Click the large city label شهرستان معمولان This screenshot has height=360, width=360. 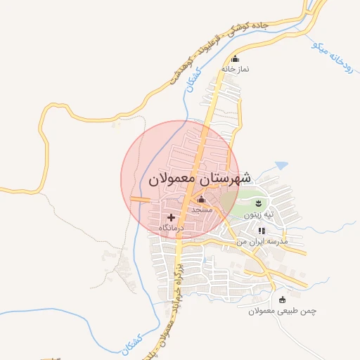[x=200, y=179]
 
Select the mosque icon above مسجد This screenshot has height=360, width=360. [x=201, y=200]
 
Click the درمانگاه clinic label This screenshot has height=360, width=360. [x=171, y=228]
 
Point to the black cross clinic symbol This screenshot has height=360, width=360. [x=171, y=218]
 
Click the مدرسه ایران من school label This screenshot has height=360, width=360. [x=262, y=240]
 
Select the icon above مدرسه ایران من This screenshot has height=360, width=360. [x=262, y=231]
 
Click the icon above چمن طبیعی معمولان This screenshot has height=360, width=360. [x=283, y=300]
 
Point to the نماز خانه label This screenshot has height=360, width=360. [x=236, y=69]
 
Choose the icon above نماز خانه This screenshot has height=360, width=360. [x=235, y=59]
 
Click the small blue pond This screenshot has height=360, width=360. [x=281, y=165]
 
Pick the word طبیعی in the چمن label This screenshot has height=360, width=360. [x=285, y=310]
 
